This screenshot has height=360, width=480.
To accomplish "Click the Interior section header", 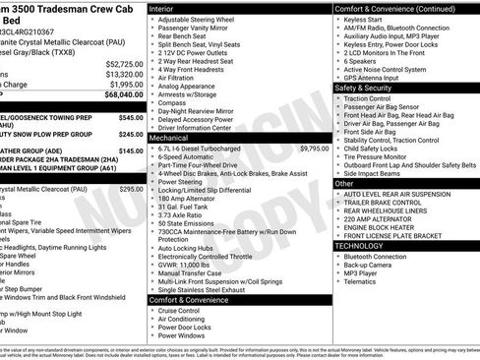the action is click(168, 8).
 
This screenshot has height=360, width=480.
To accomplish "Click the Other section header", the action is click(344, 183).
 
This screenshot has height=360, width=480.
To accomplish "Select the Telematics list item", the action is click(361, 281).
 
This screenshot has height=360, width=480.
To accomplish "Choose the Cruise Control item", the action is click(179, 310).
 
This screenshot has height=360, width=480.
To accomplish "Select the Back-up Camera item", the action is click(369, 265).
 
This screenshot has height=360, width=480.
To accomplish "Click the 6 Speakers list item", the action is click(361, 59).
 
